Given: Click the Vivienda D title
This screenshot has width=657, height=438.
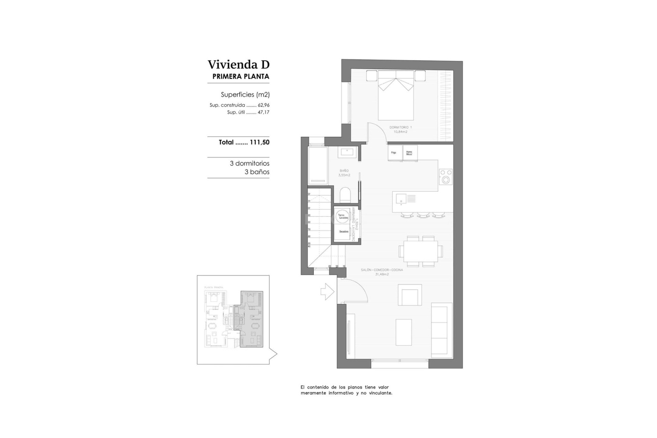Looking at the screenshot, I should pyautogui.click(x=239, y=64).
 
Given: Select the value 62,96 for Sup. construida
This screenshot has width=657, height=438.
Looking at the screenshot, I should pyautogui.click(x=263, y=105).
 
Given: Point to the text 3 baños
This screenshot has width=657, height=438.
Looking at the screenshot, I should pyautogui.click(x=257, y=172).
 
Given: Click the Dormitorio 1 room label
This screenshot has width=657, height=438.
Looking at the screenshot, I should pyautogui.click(x=400, y=127).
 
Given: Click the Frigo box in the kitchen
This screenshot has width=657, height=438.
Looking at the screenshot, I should pyautogui.click(x=394, y=153).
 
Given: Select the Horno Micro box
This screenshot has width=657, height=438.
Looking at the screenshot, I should pyautogui.click(x=410, y=153).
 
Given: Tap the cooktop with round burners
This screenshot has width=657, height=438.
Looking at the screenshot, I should pyautogui.click(x=446, y=177).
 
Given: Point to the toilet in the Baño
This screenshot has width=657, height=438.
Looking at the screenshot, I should pyautogui.click(x=345, y=195).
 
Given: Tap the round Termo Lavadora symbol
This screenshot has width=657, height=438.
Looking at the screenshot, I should pyautogui.click(x=343, y=216).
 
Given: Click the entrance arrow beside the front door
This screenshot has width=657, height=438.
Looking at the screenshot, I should pyautogui.click(x=327, y=292).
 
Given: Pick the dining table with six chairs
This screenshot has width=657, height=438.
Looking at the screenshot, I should pyautogui.click(x=421, y=252).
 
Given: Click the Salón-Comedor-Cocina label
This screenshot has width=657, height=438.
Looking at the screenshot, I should pyautogui.click(x=382, y=270).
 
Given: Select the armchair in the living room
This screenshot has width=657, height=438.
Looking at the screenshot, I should pyautogui.click(x=409, y=295).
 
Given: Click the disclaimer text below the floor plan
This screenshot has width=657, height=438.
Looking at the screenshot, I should pyautogui.click(x=346, y=390).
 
